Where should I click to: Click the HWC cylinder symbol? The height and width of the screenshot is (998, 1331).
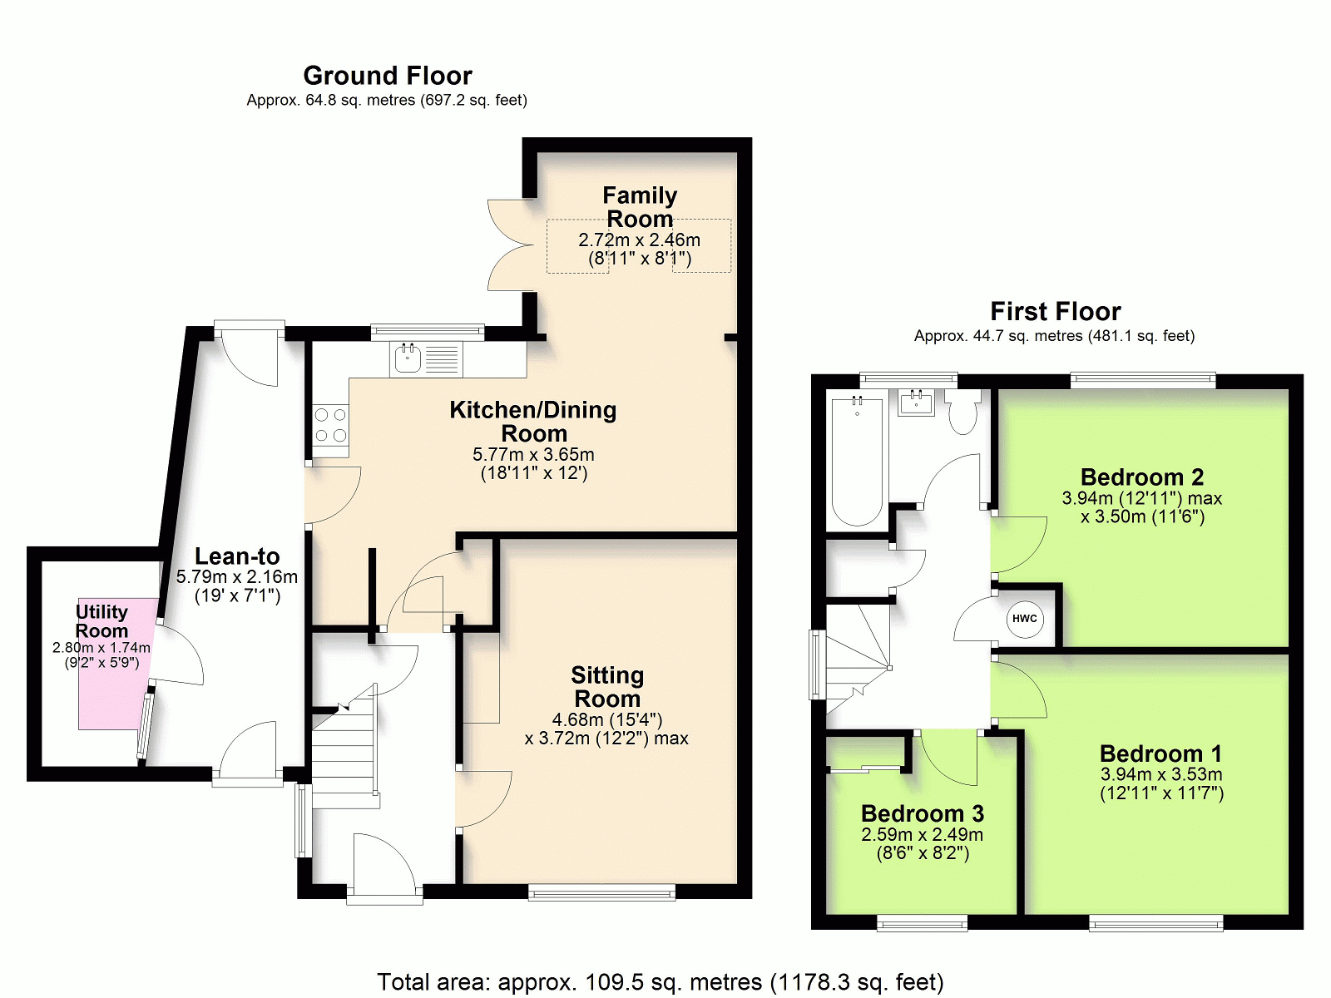click(x=1025, y=619)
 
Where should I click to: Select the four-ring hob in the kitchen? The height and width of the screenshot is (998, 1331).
click(x=331, y=425)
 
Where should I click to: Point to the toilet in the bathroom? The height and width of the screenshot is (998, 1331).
click(x=962, y=410)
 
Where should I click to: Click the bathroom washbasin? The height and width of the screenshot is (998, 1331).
click(x=916, y=402)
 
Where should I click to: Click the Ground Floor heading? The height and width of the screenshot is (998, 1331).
click(x=388, y=76)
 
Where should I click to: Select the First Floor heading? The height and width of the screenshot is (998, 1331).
click(x=1055, y=311)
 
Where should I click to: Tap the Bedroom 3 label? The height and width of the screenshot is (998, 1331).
click(x=922, y=813)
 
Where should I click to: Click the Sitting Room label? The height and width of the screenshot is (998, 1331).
click(x=607, y=687)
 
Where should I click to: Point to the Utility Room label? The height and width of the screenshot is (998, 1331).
click(x=101, y=621)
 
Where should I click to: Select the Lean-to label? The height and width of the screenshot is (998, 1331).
click(x=237, y=556)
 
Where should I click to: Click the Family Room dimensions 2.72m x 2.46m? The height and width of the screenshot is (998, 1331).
click(x=639, y=240)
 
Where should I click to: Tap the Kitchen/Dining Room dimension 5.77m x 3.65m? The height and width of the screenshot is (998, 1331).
click(x=533, y=454)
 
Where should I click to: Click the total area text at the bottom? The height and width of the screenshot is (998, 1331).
click(x=661, y=981)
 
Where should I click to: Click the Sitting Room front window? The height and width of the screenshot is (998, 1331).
click(x=601, y=892)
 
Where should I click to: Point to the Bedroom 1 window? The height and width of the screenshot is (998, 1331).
click(x=1155, y=923)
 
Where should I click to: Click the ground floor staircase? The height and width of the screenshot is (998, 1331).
click(x=345, y=751)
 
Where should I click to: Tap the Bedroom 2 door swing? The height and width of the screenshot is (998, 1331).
click(x=1019, y=544)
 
